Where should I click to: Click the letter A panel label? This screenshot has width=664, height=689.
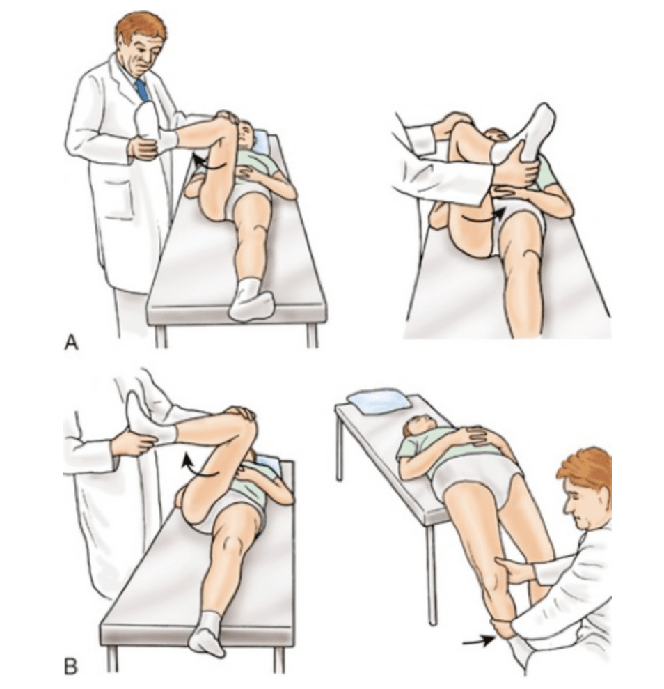71,342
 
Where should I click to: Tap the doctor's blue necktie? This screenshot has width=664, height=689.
142,91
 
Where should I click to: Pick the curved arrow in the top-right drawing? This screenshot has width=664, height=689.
480,217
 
